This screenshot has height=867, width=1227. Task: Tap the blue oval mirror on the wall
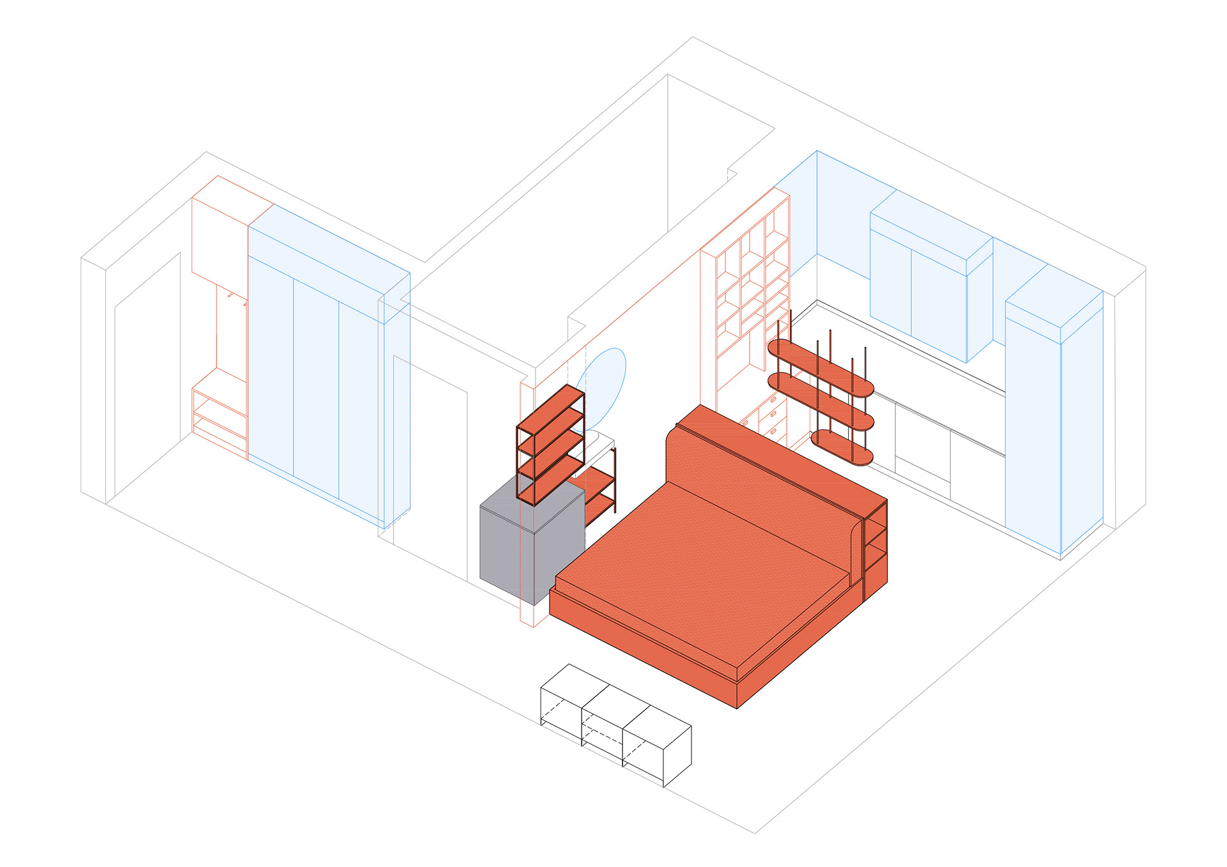tap(605, 383)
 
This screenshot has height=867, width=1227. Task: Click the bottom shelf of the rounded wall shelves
tap(842, 447)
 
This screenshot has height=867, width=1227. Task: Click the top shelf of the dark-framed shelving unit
tap(550, 407)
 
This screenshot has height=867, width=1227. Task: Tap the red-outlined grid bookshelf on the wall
tap(745, 288)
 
